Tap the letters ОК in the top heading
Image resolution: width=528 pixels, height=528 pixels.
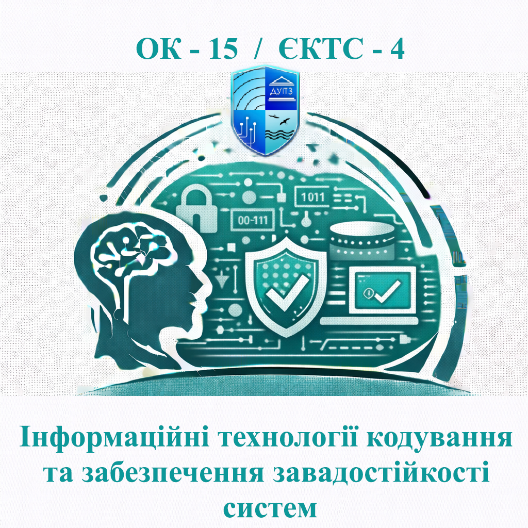(x=153, y=49)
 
